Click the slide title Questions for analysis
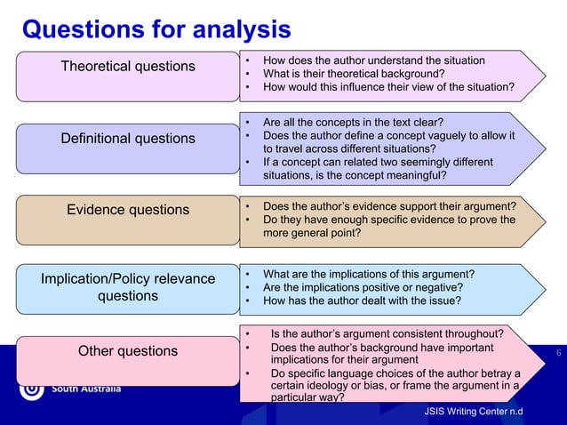[156, 29]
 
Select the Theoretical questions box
[127, 67]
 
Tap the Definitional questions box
[127, 138]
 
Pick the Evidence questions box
[127, 210]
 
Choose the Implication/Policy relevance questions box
[127, 288]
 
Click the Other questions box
[127, 351]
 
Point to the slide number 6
[558, 355]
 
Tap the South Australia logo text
[86, 390]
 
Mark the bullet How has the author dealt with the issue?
[362, 301]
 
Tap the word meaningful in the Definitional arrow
[414, 175]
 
